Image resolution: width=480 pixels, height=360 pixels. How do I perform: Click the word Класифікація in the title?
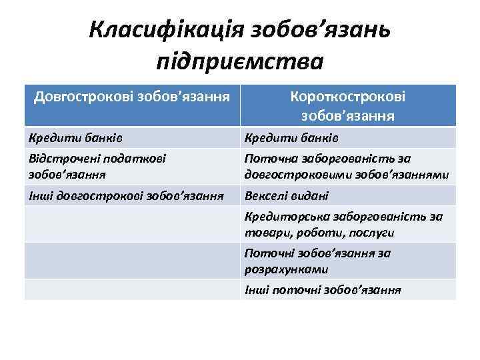coord(167,30)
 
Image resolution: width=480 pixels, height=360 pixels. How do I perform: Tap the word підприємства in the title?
coord(239,61)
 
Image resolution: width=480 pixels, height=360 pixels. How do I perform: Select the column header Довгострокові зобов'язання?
coord(132,97)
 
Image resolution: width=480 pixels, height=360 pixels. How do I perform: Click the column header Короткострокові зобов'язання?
coord(347,105)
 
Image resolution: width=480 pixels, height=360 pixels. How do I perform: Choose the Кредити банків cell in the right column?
coord(292,138)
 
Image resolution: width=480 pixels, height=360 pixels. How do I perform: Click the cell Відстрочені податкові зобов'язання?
coord(97,166)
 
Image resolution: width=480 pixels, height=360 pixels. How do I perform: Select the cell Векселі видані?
coord(287,196)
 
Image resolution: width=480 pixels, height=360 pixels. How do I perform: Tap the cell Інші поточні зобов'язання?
coord(323,290)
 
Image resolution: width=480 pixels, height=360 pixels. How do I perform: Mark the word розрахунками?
coord(286,270)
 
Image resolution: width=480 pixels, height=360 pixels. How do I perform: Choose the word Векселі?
coord(265,196)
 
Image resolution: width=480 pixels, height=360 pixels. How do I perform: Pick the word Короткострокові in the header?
coord(347,96)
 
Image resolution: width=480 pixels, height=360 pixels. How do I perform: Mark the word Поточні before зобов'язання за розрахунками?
coord(267,253)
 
